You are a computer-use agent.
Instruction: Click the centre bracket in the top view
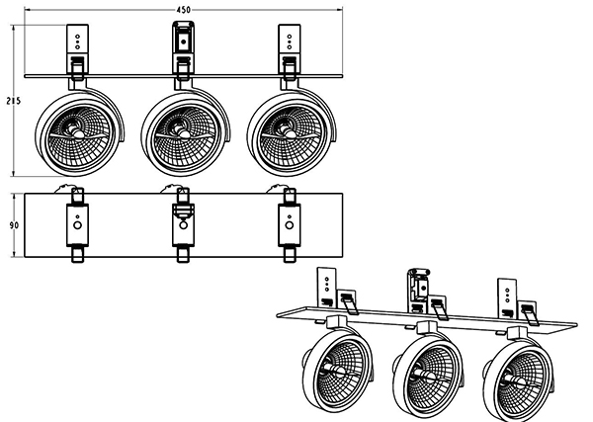(x=183, y=224)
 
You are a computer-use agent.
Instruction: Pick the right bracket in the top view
(x=289, y=224)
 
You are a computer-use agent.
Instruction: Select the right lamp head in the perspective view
(x=515, y=376)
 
